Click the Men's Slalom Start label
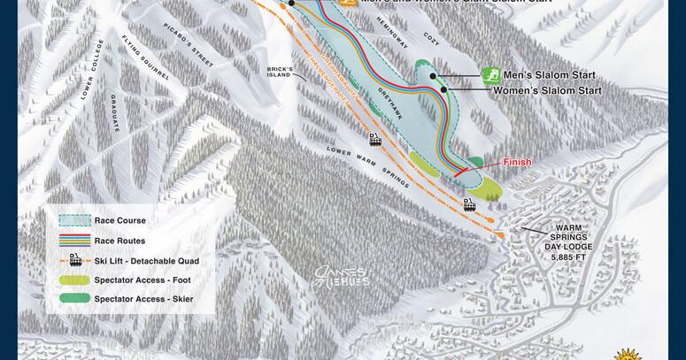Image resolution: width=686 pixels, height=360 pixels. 549,76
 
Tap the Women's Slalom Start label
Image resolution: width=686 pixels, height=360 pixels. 547,90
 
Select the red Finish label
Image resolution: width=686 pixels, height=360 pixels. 517,162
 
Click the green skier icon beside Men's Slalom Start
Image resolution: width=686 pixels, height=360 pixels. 490,74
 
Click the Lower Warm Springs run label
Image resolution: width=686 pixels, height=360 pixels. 367,165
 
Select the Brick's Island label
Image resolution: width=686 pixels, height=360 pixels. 280,71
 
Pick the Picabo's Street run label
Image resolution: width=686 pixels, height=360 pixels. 189,44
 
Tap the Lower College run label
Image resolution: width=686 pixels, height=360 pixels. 94,69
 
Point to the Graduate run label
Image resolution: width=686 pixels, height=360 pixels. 115,113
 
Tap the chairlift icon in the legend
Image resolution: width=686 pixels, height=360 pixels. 75,260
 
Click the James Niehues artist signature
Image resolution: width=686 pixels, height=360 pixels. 342,277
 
